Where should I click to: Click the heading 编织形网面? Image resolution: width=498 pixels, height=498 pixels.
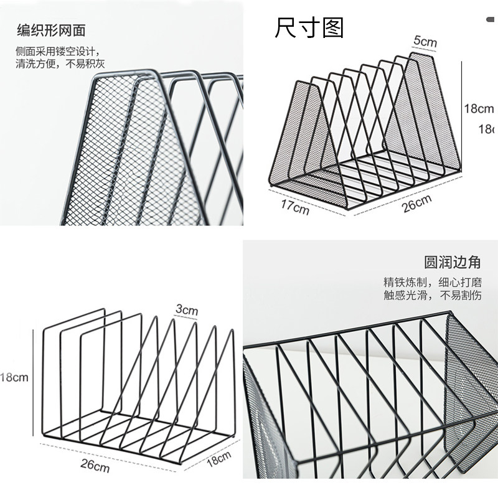tap(50, 29)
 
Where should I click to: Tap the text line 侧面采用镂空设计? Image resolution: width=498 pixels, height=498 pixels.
tap(57, 50)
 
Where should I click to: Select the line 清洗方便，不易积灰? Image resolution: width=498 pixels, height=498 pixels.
tap(61, 63)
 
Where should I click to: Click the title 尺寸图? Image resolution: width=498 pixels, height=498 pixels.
tap(309, 27)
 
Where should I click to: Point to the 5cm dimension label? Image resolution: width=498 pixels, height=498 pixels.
tap(425, 42)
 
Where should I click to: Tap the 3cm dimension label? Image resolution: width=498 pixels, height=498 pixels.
tap(186, 309)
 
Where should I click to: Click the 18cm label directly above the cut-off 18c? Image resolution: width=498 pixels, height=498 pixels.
tap(479, 109)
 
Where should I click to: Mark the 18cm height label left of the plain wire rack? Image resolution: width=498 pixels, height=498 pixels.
tap(14, 377)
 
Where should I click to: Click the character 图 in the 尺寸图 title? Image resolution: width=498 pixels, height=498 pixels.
tap(333, 27)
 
